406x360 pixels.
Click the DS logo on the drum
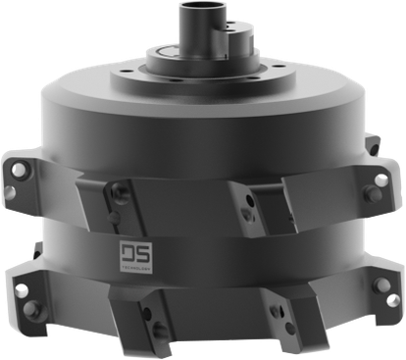pos(133,253)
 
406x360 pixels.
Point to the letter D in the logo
pos(127,252)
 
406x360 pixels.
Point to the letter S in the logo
pos(140,252)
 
